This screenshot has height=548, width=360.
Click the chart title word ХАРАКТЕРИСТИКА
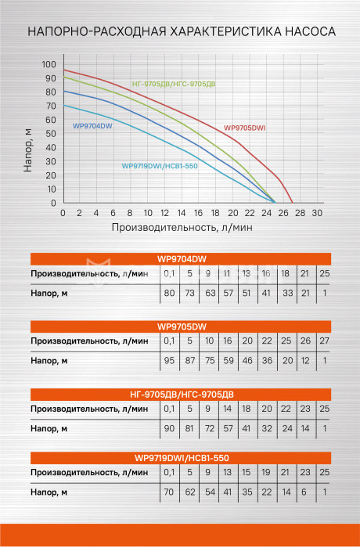click(225, 32)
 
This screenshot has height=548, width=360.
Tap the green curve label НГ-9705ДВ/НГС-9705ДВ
click(174, 85)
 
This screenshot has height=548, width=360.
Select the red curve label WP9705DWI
click(245, 128)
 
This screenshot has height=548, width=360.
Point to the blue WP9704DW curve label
click(92, 126)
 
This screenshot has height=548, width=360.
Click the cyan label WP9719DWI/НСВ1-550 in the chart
click(160, 166)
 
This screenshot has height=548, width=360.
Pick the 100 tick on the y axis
click(49, 64)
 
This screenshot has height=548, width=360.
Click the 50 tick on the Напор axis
click(51, 134)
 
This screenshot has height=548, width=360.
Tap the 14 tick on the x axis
click(182, 213)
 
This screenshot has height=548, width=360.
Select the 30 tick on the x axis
click(317, 213)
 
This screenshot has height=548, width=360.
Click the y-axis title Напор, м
click(27, 150)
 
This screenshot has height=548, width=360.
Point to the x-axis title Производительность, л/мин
click(182, 228)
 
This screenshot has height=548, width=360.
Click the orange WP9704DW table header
click(181, 259)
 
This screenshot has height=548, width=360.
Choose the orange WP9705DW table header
click(181, 326)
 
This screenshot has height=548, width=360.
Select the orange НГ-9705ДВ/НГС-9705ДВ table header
click(181, 395)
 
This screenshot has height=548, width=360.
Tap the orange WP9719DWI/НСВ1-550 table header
click(181, 458)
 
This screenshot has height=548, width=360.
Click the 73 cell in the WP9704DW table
click(189, 293)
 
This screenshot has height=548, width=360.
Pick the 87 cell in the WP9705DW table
click(190, 361)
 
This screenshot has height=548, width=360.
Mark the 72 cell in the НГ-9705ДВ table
click(210, 428)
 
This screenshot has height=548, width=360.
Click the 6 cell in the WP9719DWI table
click(304, 492)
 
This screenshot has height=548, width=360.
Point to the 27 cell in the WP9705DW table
click(324, 341)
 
